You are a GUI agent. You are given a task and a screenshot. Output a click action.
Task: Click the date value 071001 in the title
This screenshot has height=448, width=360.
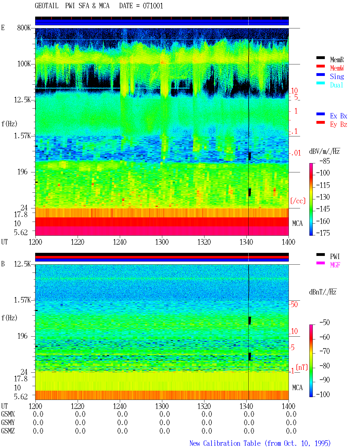point(153,6)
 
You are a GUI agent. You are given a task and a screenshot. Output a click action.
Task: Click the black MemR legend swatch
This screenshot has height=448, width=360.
point(320,58)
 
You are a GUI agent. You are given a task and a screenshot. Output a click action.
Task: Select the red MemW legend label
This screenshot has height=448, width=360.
point(337,68)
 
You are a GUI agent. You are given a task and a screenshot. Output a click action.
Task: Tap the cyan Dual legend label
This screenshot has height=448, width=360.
point(336,85)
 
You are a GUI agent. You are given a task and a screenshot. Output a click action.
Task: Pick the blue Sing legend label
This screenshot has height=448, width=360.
point(337,76)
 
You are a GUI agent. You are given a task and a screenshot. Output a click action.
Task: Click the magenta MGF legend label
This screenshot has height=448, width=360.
point(335,265)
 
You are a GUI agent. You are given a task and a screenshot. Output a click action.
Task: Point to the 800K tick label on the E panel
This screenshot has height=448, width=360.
point(24,28)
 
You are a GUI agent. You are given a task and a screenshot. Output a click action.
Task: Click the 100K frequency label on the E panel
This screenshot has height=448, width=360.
point(24,64)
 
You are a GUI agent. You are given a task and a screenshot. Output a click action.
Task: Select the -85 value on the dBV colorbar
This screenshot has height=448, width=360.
point(325,161)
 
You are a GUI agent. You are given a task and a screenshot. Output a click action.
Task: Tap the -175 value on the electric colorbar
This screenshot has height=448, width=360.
point(323,233)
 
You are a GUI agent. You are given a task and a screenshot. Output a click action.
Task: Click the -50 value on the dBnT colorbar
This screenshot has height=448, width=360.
point(325,323)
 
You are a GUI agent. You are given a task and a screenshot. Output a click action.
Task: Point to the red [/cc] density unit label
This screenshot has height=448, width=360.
point(298,201)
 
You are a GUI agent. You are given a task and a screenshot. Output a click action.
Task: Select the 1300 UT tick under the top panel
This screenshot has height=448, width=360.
point(162,242)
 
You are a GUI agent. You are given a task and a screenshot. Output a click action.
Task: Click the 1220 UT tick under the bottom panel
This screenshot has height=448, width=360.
point(77,406)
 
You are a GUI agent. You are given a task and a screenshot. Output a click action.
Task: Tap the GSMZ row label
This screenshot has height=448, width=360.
point(8,431)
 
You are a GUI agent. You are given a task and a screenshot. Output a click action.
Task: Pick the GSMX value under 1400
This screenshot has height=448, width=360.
point(291,414)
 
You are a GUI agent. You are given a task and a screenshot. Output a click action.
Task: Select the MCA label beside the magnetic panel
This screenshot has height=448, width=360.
point(297,388)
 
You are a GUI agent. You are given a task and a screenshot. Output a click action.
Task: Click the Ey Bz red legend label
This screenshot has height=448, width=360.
point(339,124)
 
